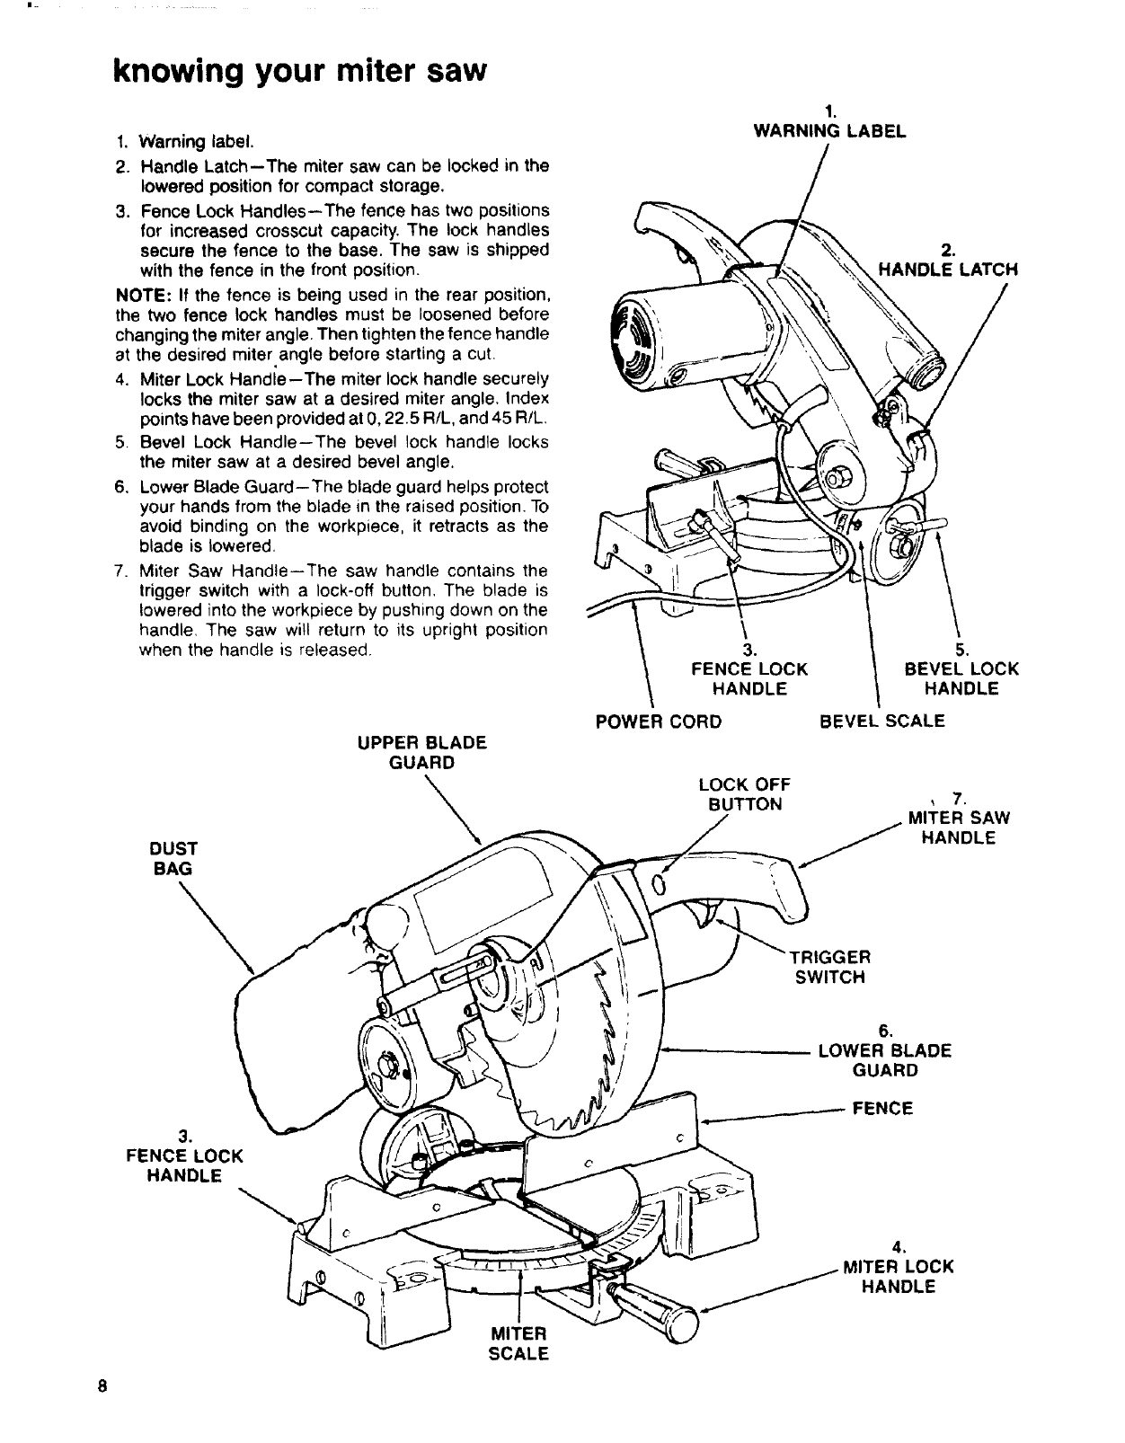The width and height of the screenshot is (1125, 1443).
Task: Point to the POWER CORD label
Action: [659, 721]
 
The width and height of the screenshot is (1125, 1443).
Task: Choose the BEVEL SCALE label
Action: [882, 721]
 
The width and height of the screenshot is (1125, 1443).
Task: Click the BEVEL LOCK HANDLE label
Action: [961, 678]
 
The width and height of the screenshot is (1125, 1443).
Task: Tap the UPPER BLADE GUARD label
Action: [421, 753]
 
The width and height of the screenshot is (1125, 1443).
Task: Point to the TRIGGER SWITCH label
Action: [830, 967]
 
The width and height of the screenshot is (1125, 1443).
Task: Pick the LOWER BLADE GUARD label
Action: [885, 1060]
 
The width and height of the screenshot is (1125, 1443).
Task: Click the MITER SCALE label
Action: [518, 1343]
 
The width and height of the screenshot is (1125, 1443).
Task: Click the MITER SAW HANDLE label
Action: [959, 828]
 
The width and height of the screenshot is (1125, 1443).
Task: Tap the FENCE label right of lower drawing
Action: [882, 1109]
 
